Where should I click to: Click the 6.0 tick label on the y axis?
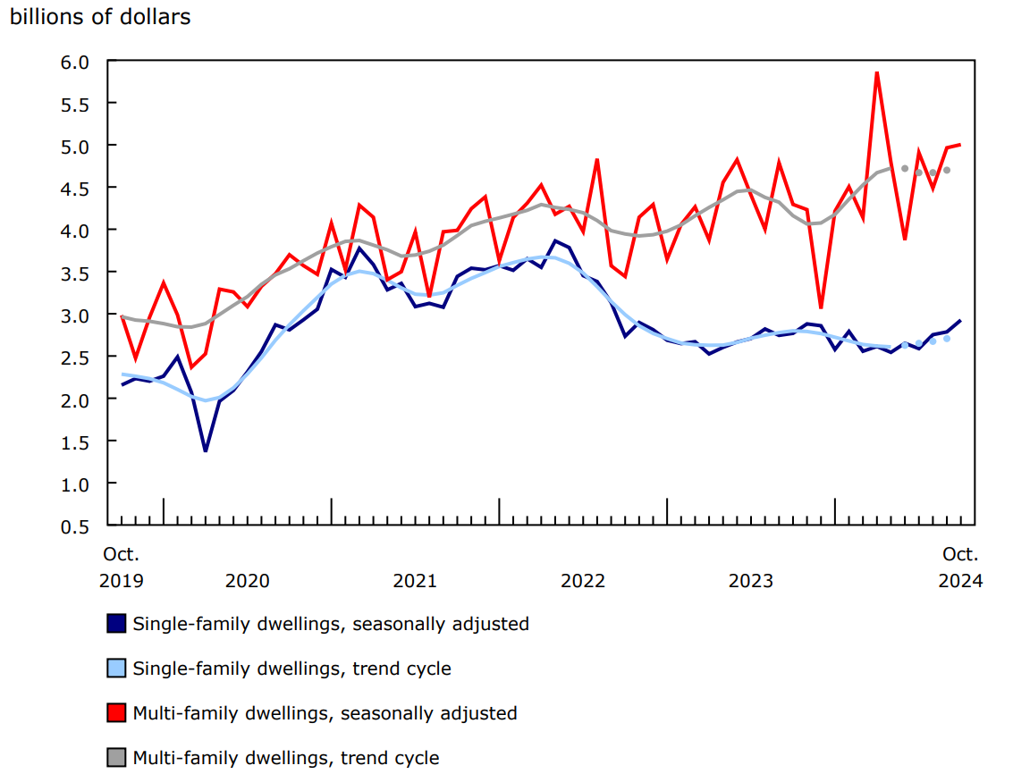[76, 62]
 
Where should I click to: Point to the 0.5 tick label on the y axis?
[76, 526]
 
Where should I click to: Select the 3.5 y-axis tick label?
[76, 273]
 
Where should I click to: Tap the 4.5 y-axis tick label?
[76, 188]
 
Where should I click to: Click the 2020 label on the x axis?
[248, 581]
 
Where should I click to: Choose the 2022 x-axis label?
[583, 581]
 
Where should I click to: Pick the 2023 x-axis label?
[751, 581]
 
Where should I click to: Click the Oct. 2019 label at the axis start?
[122, 568]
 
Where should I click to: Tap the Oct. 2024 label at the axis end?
[960, 568]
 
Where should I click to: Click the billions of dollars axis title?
[99, 17]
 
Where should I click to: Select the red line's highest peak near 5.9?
[877, 72]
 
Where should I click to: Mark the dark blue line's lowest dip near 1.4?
[206, 450]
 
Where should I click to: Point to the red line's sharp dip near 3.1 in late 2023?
[821, 307]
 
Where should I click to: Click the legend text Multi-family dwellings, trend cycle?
[285, 758]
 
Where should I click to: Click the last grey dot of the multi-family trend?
[947, 170]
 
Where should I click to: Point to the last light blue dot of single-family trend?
[947, 339]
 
